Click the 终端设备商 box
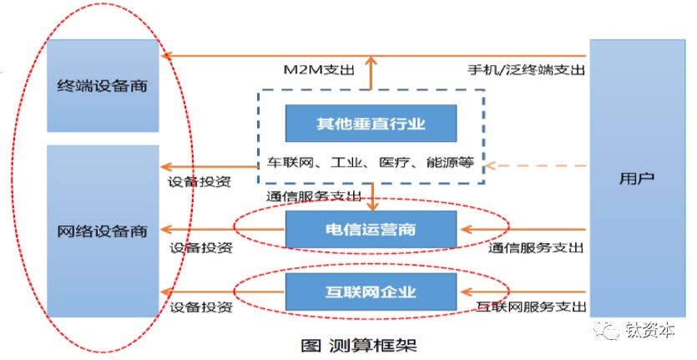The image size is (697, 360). tap(103, 85)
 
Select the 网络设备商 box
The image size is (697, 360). tap(103, 231)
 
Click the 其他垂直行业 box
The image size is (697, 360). tap(371, 123)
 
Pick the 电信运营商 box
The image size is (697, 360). tap(371, 228)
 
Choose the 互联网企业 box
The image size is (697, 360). tap(371, 292)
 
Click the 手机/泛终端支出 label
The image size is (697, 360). tap(527, 69)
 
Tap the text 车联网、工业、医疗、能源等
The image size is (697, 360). tap(370, 162)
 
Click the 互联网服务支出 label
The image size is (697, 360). tap(530, 307)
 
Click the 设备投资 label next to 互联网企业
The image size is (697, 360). tap(201, 307)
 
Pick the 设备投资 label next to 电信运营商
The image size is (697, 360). tap(201, 248)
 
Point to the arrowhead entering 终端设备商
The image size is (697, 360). tap(165, 55)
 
